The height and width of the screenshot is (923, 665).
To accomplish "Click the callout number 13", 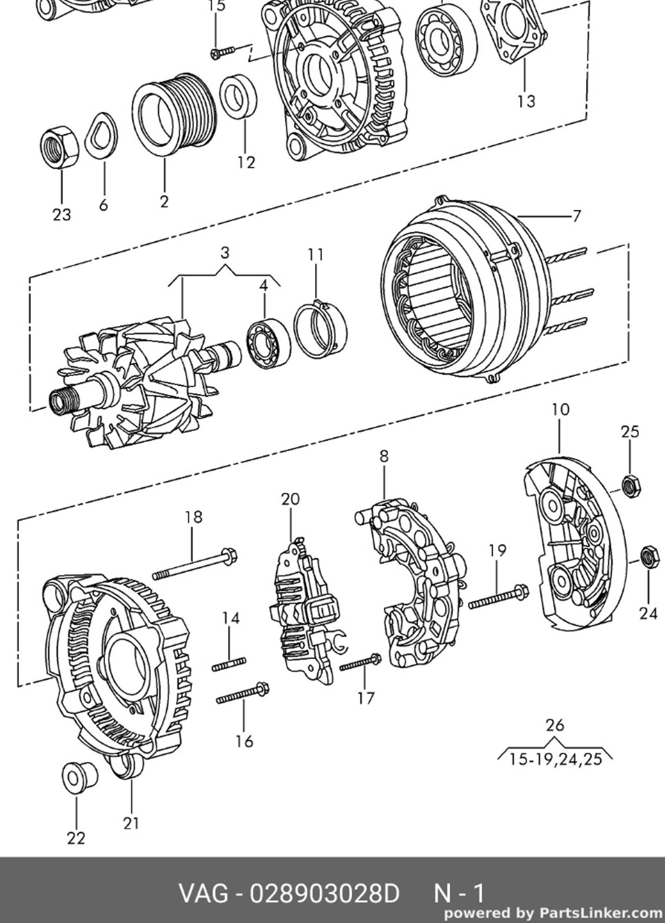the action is (526, 101).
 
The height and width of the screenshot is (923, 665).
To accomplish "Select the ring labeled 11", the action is (321, 329).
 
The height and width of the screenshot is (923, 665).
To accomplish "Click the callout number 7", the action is (576, 216).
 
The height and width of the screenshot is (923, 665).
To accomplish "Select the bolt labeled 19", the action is (498, 597).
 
